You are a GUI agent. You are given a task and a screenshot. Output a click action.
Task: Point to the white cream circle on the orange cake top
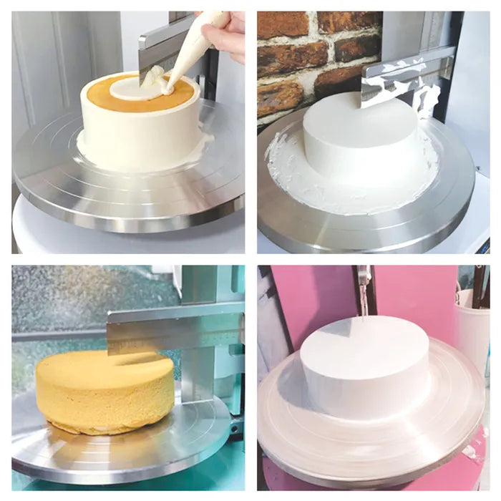(x=136, y=88)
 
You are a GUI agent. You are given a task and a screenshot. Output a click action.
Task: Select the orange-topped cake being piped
(x=140, y=125)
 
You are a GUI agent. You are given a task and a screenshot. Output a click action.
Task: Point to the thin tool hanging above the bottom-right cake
(x=364, y=290)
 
